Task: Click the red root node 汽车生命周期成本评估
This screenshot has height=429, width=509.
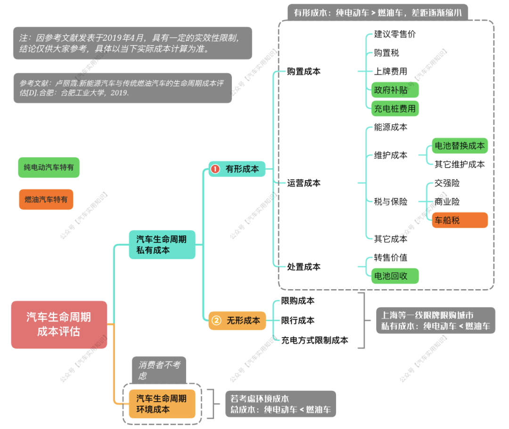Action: [59, 324]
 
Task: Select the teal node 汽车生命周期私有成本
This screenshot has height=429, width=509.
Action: [162, 244]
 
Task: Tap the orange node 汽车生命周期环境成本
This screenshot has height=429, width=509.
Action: [162, 404]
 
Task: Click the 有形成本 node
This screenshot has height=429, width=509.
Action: [237, 169]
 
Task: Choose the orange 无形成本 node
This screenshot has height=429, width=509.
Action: [237, 321]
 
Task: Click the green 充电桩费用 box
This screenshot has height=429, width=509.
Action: [395, 109]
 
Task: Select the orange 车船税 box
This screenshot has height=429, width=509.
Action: [460, 220]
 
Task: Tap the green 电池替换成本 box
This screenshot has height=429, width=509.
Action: [460, 146]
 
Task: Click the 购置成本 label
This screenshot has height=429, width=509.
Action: [304, 72]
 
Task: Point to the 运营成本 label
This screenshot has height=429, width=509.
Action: [304, 183]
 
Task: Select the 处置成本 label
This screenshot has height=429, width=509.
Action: [304, 267]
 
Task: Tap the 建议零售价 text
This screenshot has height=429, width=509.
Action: [395, 34]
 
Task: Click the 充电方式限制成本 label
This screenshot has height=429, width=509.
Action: [315, 340]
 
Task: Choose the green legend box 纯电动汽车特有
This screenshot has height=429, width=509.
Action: [49, 167]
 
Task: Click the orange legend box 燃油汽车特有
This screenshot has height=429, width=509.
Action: [46, 199]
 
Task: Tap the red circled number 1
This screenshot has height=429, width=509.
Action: [215, 169]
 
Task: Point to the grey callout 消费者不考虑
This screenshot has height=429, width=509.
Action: [159, 370]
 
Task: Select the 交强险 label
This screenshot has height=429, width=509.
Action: [447, 183]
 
